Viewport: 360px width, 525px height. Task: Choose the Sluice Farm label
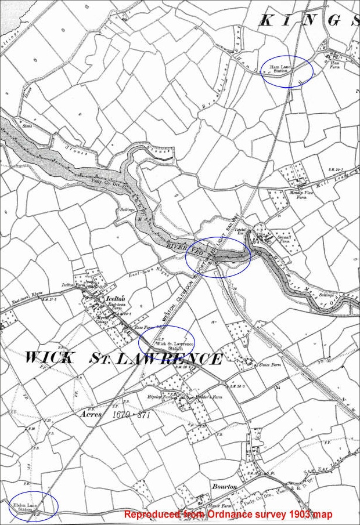click(267, 365)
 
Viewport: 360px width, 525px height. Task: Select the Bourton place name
click(224, 486)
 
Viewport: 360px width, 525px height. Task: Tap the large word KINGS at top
click(308, 20)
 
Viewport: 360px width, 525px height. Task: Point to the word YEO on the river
click(199, 253)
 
